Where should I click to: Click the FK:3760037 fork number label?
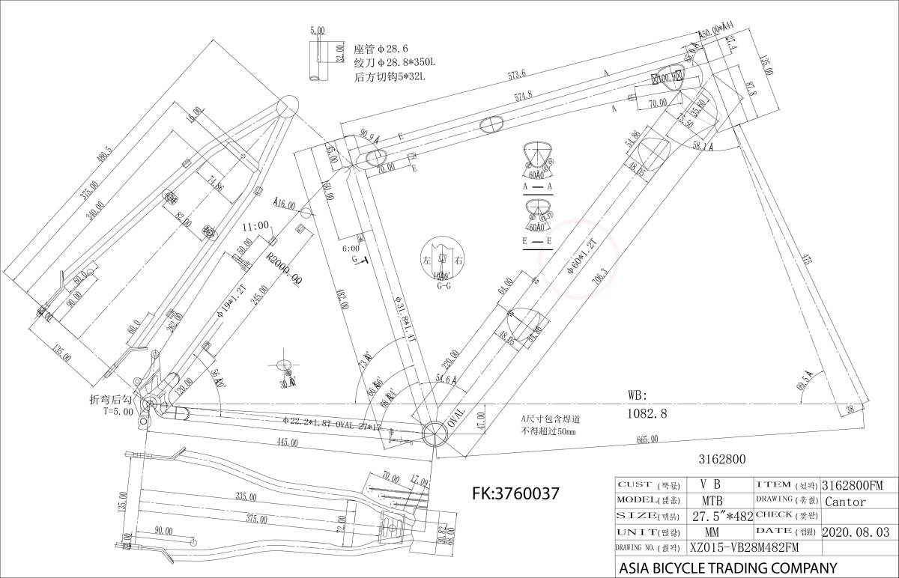tap(516, 493)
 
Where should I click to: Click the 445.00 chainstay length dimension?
tap(287, 442)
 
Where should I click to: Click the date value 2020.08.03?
tap(856, 532)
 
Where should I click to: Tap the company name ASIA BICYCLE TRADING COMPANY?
tap(727, 568)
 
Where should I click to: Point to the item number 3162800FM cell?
tap(853, 485)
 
